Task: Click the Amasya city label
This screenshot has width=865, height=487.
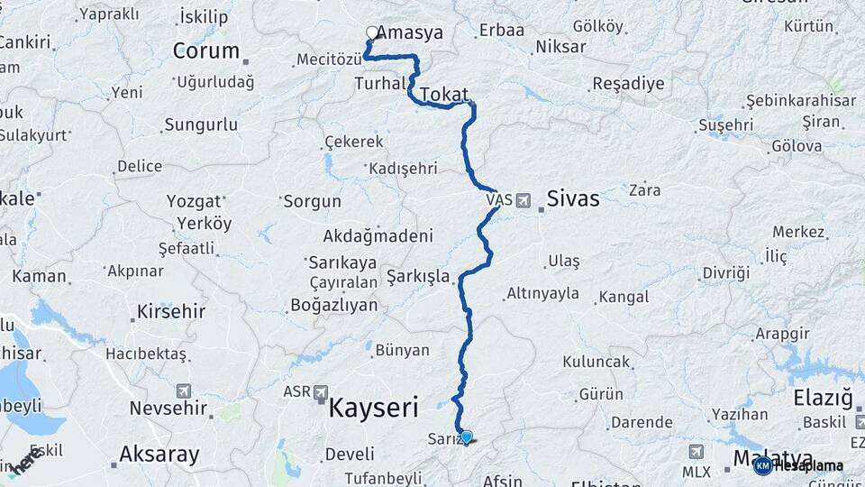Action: (410, 33)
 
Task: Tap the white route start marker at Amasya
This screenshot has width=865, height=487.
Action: (372, 32)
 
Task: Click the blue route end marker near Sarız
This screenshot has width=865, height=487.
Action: (466, 436)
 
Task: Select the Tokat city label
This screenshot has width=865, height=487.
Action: (444, 93)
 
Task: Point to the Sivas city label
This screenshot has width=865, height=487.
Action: (573, 198)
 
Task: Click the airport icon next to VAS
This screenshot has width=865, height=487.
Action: (524, 200)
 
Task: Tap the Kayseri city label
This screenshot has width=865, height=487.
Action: (373, 408)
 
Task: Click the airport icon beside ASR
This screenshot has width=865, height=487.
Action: (322, 391)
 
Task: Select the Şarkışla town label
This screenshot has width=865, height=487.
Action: (418, 276)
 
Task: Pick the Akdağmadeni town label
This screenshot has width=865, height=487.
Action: (378, 236)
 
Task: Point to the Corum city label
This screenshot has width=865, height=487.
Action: (205, 51)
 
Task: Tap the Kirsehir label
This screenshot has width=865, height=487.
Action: (171, 312)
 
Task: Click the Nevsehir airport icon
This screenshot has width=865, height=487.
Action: (185, 391)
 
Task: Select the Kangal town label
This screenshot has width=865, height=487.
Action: (624, 297)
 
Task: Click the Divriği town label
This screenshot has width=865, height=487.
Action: (726, 272)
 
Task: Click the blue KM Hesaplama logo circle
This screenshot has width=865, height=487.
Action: (762, 465)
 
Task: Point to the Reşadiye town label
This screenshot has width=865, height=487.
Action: (628, 84)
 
